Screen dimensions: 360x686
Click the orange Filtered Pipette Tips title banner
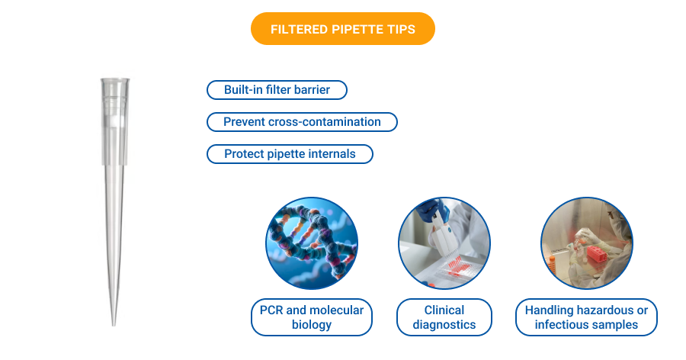pos(342,29)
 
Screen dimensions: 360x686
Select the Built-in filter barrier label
pos(277,90)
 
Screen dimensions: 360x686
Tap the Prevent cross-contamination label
pos(302,122)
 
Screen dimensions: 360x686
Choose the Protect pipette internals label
pos(290,154)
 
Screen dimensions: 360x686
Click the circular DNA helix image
pos(312,243)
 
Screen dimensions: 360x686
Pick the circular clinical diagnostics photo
pos(444,243)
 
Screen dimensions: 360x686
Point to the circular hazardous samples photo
pos(587,243)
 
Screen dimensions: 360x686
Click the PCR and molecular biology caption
pos(311,317)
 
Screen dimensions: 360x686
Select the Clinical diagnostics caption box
pos(444,317)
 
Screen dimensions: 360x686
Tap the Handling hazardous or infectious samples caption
pos(586,317)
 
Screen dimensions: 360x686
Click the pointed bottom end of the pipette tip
pos(114,322)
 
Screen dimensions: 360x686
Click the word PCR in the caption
pos(272,310)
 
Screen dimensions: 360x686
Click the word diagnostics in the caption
pos(444,325)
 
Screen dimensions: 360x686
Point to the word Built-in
pos(242,90)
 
